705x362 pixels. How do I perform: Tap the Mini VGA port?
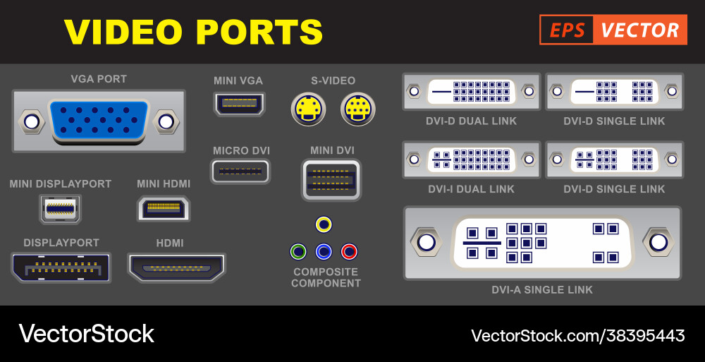pyautogui.click(x=239, y=104)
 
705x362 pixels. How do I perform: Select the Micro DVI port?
pyautogui.click(x=240, y=171)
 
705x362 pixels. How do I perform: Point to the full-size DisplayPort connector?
pyautogui.click(x=61, y=267)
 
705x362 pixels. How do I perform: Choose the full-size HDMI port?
pyautogui.click(x=176, y=267)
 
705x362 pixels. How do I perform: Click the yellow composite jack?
pyautogui.click(x=324, y=224)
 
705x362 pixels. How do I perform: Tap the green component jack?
pyautogui.click(x=298, y=251)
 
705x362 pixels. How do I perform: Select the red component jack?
pyautogui.click(x=349, y=251)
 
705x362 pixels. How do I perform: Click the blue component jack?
pyautogui.click(x=324, y=251)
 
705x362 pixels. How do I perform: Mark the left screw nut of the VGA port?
pyautogui.click(x=31, y=121)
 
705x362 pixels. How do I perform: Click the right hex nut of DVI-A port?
pyautogui.click(x=658, y=243)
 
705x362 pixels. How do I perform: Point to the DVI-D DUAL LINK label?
pyautogui.click(x=471, y=121)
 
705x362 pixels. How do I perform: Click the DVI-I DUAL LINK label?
pyautogui.click(x=471, y=189)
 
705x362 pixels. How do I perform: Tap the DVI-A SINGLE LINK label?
pyautogui.click(x=542, y=290)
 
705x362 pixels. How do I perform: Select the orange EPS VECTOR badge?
pyautogui.click(x=613, y=30)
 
